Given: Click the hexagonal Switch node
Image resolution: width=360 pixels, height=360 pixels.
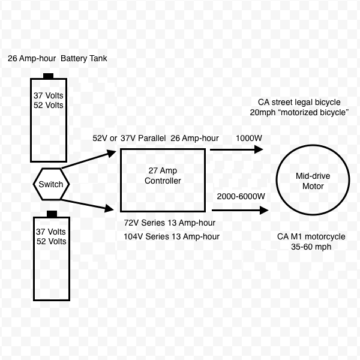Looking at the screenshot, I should [x=50, y=184].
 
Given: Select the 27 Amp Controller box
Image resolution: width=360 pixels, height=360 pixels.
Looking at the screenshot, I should [x=163, y=180].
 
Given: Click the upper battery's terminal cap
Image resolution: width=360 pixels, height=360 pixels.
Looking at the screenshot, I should [x=48, y=76].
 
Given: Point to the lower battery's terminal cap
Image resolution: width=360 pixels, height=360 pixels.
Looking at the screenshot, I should [x=52, y=214].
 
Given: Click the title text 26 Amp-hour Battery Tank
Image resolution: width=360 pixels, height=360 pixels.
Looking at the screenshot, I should [x=58, y=59].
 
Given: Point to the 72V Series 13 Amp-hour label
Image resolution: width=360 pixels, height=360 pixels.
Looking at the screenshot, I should [x=170, y=223].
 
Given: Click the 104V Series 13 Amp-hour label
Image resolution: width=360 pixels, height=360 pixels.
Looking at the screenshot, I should [x=172, y=236].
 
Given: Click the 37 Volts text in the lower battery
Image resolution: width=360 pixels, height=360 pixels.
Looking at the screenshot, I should [x=50, y=232].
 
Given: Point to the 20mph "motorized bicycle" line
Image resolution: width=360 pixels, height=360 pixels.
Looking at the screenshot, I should [x=300, y=112].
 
